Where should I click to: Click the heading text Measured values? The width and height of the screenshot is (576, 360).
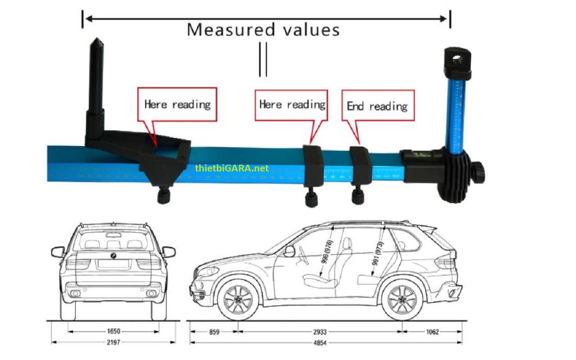tap(263, 30)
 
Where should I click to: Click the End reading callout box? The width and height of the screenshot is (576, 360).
tap(378, 106)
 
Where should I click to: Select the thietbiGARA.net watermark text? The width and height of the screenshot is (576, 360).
tap(232, 168)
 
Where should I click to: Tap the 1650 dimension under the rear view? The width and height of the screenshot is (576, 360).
tap(113, 332)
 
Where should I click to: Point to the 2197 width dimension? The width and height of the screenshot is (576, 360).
tap(113, 342)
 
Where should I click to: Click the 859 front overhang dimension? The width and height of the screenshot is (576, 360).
tap(214, 332)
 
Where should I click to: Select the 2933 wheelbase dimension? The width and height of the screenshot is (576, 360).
tap(320, 332)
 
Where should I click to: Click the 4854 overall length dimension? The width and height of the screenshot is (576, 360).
tap(320, 343)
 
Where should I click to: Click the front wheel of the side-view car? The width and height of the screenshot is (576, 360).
tap(238, 300)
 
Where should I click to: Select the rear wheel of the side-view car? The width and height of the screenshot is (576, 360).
tap(402, 300)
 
